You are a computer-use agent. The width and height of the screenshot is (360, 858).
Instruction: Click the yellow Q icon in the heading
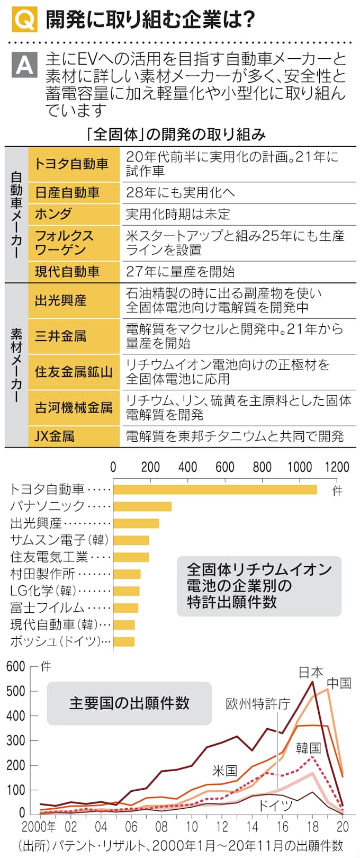(x=24, y=20)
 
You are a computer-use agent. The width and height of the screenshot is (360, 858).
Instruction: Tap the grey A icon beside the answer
(x=24, y=65)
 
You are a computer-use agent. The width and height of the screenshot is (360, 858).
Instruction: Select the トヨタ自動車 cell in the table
(x=74, y=164)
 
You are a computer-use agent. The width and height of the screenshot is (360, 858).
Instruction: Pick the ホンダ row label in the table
(x=74, y=214)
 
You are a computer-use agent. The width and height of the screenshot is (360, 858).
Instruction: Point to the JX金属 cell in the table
(x=74, y=436)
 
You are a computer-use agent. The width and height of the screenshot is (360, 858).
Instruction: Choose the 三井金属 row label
(x=74, y=336)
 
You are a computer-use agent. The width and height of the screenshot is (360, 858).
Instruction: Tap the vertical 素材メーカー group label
(x=16, y=365)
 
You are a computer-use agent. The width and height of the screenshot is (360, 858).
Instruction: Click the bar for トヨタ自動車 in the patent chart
(x=215, y=489)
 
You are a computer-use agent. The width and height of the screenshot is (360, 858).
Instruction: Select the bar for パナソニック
(x=142, y=506)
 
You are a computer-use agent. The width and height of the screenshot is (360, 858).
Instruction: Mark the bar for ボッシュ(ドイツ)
(x=124, y=642)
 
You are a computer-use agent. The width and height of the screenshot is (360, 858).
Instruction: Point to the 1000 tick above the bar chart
(x=300, y=467)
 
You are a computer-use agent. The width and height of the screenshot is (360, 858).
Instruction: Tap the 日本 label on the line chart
(x=311, y=673)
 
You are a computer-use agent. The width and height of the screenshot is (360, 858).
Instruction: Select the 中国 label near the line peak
(x=339, y=683)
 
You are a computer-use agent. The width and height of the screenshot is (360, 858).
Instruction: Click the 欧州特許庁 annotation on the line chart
(x=258, y=703)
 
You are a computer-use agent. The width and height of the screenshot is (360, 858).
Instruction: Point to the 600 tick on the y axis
(x=16, y=666)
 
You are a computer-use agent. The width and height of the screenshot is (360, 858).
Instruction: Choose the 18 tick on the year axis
(x=312, y=827)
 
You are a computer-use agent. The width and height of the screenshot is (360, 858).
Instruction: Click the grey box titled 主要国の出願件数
(x=129, y=703)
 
